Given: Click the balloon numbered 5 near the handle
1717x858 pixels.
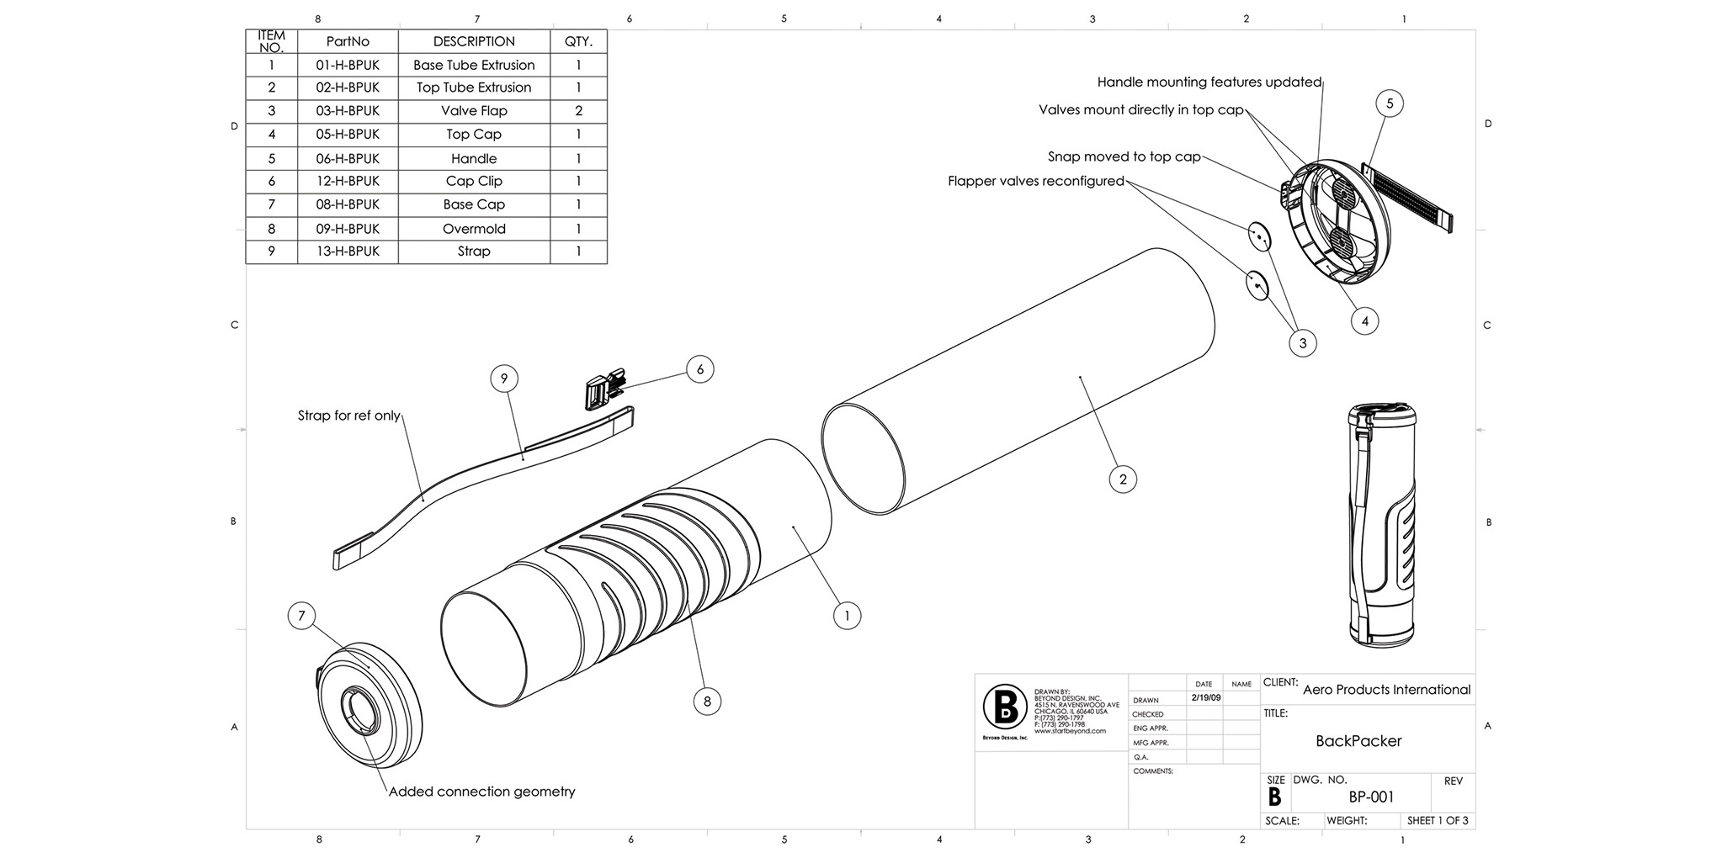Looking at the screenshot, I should [1390, 103].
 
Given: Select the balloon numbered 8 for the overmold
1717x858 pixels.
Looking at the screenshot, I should [707, 702].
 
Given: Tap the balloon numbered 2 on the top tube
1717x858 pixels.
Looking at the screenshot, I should [1123, 479].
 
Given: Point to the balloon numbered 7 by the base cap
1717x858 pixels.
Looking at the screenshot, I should [301, 617].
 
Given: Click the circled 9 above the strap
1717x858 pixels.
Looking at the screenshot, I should [504, 379].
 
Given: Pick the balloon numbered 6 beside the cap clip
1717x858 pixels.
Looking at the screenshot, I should [700, 369].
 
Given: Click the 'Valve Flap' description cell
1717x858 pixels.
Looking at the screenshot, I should [474, 111].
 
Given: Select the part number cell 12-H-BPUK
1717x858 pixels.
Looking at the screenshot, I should [348, 181].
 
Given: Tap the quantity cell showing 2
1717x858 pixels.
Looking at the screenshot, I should [578, 111].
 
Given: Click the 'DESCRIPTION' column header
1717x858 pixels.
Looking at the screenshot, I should [474, 41].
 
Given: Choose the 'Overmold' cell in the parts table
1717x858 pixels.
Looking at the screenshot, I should [474, 229].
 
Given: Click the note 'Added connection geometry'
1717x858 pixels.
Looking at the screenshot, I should [482, 792].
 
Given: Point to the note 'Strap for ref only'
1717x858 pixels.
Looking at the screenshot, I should [349, 416].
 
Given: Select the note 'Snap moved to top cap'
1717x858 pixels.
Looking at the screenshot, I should [1124, 156].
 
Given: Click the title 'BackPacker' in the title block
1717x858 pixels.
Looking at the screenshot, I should [1358, 741].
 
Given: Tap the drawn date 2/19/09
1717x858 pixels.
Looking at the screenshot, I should [1206, 698].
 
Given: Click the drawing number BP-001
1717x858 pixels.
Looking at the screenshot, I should [1372, 797].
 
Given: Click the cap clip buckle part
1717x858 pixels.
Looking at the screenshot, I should [604, 389].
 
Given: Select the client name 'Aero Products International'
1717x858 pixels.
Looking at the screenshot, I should [1386, 690].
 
